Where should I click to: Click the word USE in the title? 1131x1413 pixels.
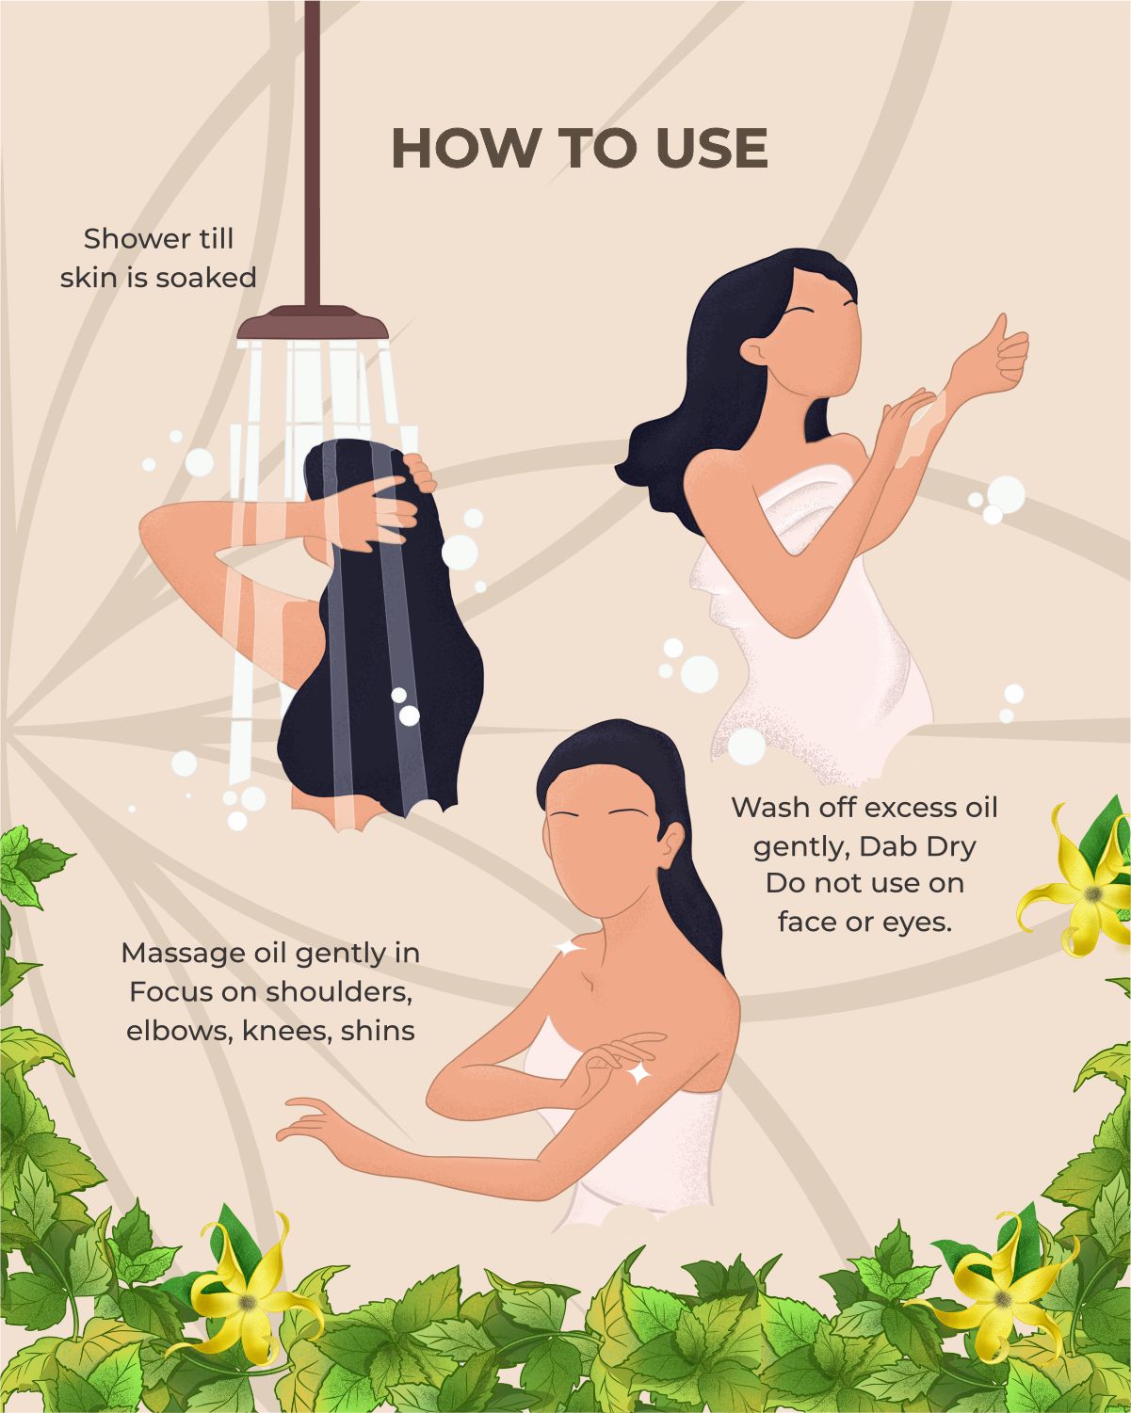711,149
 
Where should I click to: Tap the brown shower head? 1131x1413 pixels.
313,322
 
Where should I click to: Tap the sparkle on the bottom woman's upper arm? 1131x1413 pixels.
639,1073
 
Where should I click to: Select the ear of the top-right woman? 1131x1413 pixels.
755,351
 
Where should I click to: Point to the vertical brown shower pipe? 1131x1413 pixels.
313,153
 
